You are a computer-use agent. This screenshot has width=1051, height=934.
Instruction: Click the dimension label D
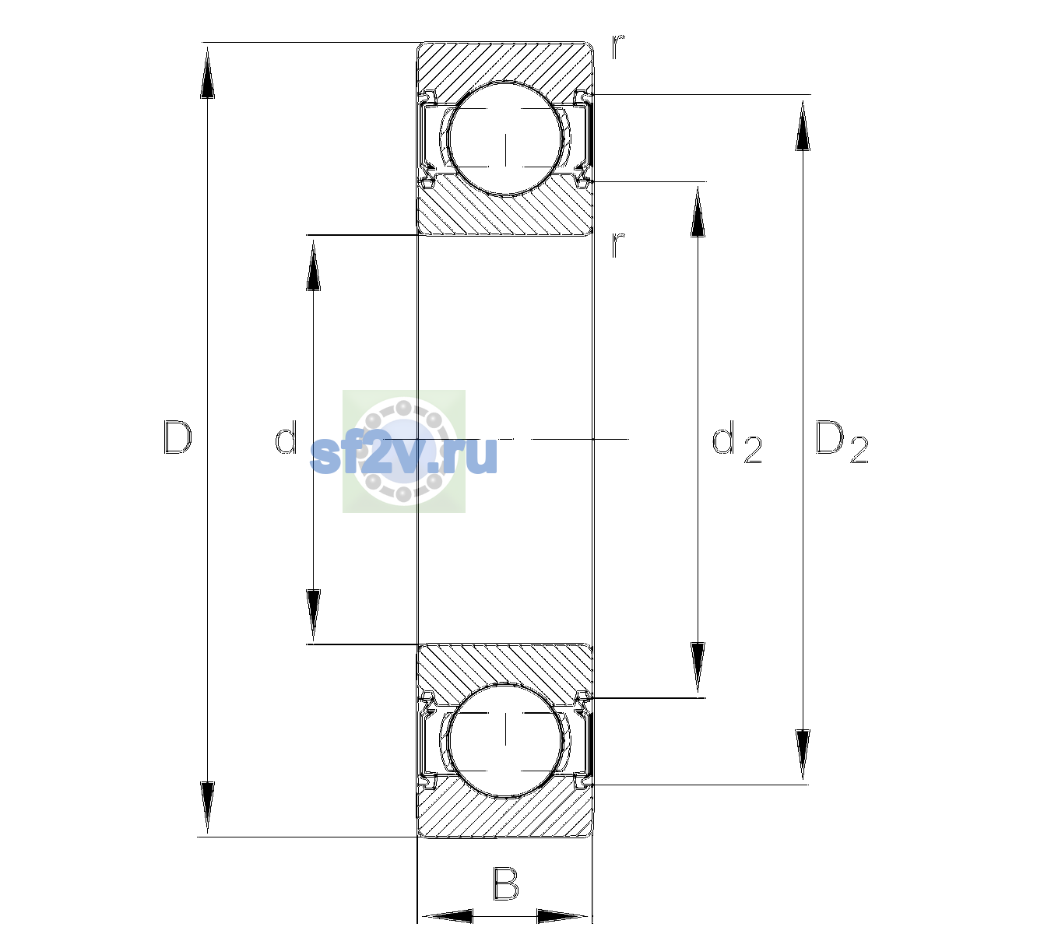pos(178,437)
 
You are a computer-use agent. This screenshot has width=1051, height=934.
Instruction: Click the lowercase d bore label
pos(286,437)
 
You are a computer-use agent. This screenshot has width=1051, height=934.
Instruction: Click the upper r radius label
pos(618,47)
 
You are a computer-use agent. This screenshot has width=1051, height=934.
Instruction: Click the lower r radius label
pos(618,244)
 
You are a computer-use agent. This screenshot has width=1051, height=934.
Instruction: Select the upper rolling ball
pos(505,139)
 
